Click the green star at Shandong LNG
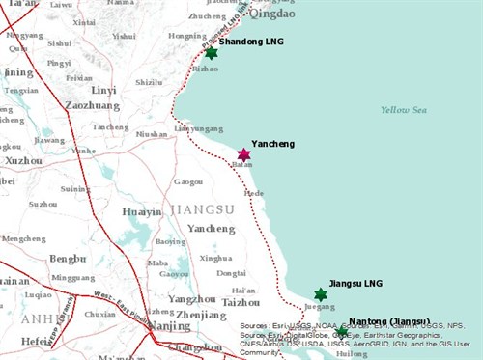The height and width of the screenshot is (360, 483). tap(211, 53)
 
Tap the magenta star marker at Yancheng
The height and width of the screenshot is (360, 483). tap(243, 154)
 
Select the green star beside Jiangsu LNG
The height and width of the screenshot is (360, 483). tap(321, 294)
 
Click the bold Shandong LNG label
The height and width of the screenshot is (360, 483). tap(251, 42)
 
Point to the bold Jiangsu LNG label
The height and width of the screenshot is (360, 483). tap(355, 283)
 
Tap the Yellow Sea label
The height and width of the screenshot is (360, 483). tap(403, 110)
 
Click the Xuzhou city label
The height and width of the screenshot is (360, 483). tap(23, 161)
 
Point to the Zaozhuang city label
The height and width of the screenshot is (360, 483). tap(92, 106)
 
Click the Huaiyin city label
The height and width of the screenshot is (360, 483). tap(141, 212)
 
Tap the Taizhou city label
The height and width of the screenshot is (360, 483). tap(241, 302)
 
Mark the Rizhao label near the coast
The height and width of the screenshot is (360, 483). tap(206, 69)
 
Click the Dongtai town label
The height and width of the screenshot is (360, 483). tap(230, 273)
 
